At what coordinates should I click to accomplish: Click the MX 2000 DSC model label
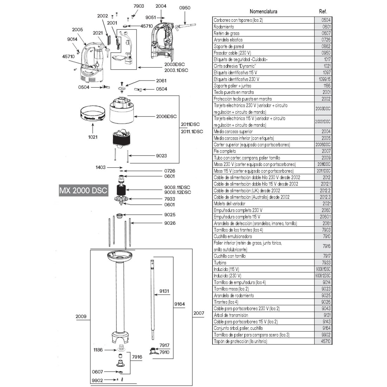(83, 191)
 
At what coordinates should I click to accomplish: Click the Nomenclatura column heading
(263, 12)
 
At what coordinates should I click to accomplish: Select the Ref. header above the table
(323, 12)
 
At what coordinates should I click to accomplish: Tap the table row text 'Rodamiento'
(224, 27)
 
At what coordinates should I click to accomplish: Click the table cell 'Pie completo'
(225, 151)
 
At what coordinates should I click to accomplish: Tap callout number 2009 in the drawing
(81, 316)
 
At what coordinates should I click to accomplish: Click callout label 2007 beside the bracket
(199, 313)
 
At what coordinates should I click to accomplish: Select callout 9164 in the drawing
(179, 304)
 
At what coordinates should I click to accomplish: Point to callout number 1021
(93, 137)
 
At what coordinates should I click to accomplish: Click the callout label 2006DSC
(166, 116)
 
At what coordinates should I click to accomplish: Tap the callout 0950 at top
(185, 8)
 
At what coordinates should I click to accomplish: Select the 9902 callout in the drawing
(97, 380)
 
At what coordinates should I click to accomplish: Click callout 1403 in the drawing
(101, 167)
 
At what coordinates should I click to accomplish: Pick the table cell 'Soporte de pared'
(229, 46)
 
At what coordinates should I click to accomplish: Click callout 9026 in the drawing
(170, 223)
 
